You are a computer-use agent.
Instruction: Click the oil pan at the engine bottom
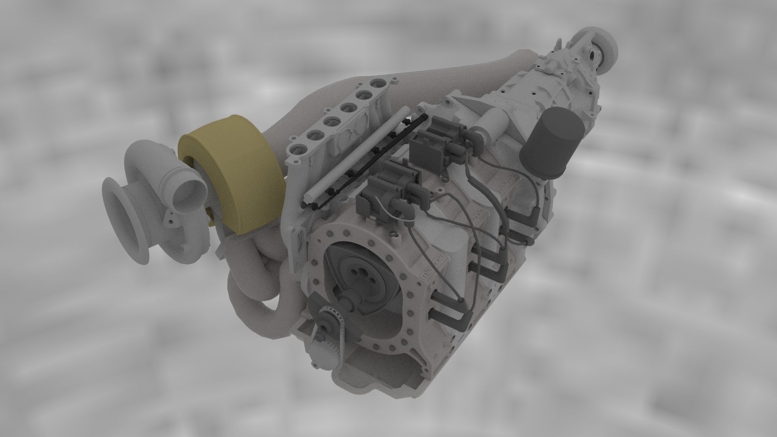pyautogui.click(x=388, y=376)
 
